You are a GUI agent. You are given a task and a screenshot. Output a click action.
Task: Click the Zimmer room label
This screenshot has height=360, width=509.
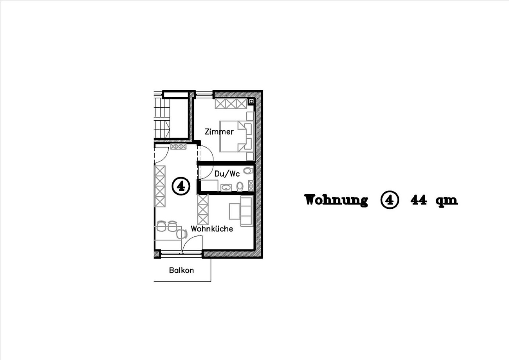219,132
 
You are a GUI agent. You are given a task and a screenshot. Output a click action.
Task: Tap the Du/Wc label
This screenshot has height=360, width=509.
227,174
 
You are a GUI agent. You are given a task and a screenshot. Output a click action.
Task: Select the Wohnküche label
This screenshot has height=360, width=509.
212,229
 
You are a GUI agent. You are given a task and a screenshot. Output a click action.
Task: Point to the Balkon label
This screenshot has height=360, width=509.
181,270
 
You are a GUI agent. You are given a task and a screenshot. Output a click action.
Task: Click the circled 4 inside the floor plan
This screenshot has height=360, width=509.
181,186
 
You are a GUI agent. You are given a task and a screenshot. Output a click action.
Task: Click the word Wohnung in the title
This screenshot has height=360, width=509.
336,200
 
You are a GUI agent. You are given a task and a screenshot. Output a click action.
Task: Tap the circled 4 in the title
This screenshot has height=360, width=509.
390,200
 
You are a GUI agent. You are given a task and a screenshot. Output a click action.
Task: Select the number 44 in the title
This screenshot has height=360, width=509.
419,200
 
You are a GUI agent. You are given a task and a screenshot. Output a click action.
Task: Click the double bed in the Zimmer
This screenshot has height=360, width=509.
236,136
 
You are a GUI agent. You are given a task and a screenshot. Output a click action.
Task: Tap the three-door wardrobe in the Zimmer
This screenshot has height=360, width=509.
231,104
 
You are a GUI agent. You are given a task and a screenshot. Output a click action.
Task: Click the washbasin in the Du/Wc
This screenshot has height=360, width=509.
226,188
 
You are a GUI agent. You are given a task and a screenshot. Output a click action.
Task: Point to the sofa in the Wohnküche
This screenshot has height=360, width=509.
247,211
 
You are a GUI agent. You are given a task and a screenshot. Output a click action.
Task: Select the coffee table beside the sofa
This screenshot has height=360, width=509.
235,212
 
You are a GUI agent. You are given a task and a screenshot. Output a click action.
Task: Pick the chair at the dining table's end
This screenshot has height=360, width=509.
182,234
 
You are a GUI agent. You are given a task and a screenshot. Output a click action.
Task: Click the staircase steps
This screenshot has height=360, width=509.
162,118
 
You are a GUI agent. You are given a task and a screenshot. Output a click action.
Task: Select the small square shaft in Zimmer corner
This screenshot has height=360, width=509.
251,101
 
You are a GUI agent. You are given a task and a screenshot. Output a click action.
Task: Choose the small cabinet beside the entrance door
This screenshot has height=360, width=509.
179,147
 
